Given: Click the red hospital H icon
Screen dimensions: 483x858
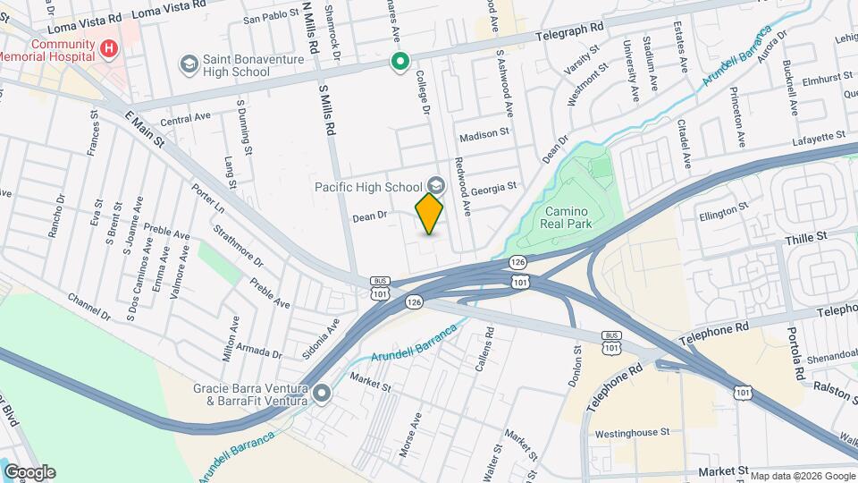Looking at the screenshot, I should pos(109,47).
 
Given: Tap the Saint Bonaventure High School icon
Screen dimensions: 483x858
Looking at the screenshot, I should pos(189,64).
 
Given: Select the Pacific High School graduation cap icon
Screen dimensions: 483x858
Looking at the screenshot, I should pos(435,185).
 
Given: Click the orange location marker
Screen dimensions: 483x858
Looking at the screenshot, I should pos(429,213).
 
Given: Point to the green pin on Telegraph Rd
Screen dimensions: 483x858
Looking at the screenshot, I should pos(400,62).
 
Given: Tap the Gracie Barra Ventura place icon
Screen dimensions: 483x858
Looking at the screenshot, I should pos(322,394).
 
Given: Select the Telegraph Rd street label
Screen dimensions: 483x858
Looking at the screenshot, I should pos(578,36).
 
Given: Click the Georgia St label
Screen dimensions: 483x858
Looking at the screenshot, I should pos(495,187).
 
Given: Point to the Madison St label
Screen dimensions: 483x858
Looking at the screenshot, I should pos(484,136).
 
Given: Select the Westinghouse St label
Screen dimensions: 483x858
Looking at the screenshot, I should pos(631,432).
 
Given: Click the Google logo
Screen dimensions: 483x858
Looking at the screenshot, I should pos(29,472).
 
